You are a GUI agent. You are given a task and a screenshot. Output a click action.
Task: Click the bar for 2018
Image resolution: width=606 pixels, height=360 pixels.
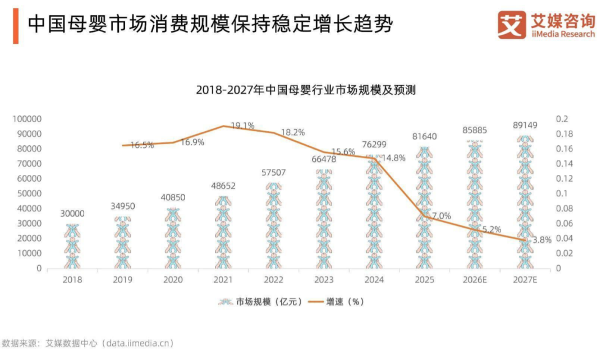[x=72, y=246]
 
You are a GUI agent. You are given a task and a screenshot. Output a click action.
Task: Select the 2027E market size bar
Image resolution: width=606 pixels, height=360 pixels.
[x=525, y=202]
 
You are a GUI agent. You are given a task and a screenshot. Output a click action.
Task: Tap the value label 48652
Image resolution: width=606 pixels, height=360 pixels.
[x=223, y=186]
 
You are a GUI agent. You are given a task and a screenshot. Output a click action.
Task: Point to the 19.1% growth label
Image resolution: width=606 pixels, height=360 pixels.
[x=243, y=126]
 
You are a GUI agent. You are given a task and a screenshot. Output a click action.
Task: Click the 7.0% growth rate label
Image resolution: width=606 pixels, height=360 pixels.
[x=441, y=216]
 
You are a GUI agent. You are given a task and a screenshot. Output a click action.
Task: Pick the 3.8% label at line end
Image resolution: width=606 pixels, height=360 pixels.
[x=542, y=240]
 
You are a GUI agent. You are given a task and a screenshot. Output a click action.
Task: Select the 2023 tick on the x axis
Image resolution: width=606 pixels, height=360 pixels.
[x=324, y=280]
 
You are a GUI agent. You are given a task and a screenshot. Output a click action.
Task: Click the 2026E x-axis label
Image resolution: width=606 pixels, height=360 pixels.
[x=475, y=280]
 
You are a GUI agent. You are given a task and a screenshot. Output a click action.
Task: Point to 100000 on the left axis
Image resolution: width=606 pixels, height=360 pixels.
[x=27, y=119]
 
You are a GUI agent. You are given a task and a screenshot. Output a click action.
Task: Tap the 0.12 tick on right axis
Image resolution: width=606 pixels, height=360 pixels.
[x=564, y=178]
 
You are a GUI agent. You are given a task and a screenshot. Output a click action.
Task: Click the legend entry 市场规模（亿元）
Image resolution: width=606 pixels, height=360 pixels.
[x=260, y=302]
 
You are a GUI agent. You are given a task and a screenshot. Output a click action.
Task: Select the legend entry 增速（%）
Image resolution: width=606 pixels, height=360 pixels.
[x=336, y=302]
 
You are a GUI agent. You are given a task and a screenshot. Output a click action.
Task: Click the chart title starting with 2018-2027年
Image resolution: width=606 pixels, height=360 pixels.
[x=306, y=90]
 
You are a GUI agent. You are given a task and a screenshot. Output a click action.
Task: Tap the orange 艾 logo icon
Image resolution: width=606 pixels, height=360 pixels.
[x=512, y=25]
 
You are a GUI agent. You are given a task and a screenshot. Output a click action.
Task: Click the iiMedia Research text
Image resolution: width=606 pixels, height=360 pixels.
[x=563, y=34]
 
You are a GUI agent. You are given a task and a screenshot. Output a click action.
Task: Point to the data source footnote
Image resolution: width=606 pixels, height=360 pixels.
[x=88, y=343]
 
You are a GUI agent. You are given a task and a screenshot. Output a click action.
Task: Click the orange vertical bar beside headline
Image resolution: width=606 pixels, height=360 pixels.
[x=16, y=26]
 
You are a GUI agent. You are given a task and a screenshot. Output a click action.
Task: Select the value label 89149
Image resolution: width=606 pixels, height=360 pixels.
[x=525, y=125]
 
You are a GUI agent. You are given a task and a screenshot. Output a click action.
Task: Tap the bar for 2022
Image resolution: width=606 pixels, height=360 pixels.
[x=273, y=225]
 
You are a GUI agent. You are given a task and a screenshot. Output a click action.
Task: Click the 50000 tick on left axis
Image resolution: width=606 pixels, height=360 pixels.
[x=29, y=193]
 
